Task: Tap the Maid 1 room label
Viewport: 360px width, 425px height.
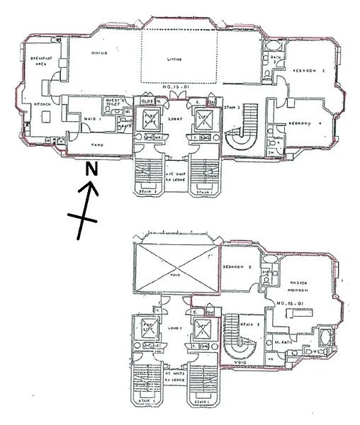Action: tap(90, 117)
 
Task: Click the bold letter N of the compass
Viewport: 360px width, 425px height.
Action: tap(91, 169)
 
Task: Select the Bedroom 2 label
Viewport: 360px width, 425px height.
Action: tap(238, 267)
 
